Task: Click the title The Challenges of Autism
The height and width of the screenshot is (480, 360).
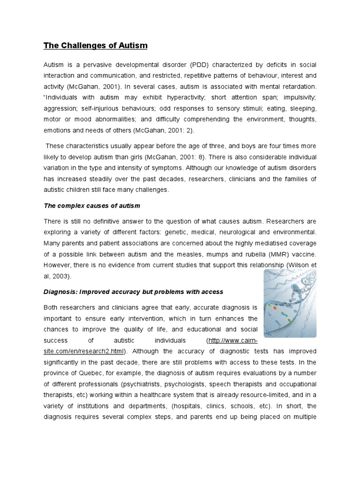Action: tap(96, 45)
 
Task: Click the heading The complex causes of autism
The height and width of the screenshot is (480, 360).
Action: tap(92, 206)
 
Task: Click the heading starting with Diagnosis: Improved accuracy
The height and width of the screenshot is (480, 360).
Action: tap(133, 292)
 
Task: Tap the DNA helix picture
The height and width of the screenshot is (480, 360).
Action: tap(290, 304)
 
